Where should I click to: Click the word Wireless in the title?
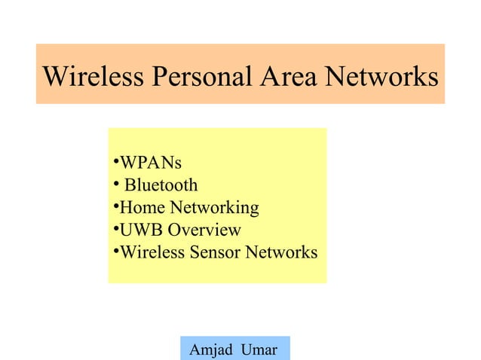click(93, 76)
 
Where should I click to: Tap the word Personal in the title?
click(201, 76)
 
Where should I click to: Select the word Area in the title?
click(288, 76)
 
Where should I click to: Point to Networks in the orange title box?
click(381, 76)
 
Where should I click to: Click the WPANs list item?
click(151, 163)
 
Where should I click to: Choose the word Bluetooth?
click(161, 185)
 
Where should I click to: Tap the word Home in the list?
click(142, 207)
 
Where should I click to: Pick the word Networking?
click(214, 208)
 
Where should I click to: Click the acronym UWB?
click(141, 230)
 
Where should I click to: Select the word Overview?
click(204, 230)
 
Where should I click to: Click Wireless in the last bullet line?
click(152, 252)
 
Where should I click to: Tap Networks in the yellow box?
click(281, 252)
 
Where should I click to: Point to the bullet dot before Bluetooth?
click(116, 184)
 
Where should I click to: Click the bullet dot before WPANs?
click(116, 160)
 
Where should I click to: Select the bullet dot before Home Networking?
click(116, 206)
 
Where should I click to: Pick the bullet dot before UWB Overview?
click(116, 228)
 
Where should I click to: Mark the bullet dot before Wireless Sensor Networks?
click(116, 251)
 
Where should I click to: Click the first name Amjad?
click(211, 350)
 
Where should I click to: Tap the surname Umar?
click(259, 349)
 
